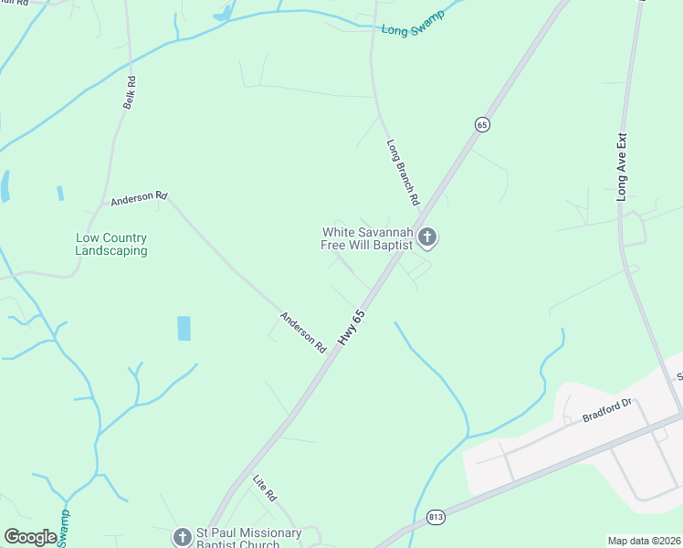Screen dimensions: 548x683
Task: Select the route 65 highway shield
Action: click(482, 123)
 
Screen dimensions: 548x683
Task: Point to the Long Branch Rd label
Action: click(403, 172)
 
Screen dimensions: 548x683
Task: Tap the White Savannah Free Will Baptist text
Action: click(365, 238)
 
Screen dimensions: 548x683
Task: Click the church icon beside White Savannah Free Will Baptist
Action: click(427, 238)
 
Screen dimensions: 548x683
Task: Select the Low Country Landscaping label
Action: click(110, 244)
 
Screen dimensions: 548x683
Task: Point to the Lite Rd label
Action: click(265, 486)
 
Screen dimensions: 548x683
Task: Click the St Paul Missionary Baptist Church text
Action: click(250, 538)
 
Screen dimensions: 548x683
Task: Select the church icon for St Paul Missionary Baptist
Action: click(183, 537)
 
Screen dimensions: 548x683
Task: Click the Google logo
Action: click(30, 537)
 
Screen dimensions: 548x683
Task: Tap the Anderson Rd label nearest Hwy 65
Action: click(303, 332)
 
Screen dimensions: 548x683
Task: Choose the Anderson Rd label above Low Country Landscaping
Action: click(140, 197)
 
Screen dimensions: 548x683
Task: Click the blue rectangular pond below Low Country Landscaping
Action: click(184, 329)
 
